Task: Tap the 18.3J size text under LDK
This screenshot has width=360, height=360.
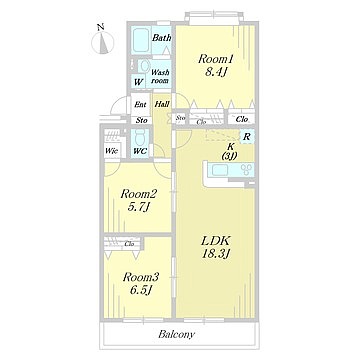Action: (x=217, y=254)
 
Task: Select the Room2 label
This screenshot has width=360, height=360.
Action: (x=139, y=193)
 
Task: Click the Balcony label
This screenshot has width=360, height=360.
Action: (x=176, y=334)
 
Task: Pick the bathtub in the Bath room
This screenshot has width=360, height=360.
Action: (x=141, y=41)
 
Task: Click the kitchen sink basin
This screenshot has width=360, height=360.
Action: (x=220, y=170)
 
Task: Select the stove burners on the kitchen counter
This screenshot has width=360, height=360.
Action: (x=247, y=170)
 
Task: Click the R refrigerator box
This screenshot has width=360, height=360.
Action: (x=247, y=137)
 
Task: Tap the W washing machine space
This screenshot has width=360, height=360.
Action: (x=138, y=82)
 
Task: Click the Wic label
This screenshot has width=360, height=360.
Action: (x=111, y=150)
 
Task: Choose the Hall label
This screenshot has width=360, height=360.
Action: (x=162, y=104)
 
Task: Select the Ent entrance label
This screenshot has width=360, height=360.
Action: (x=140, y=104)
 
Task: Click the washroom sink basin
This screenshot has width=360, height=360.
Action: (x=144, y=66)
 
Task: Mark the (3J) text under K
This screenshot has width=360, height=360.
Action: (x=229, y=155)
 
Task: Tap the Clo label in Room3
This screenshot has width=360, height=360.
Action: (x=129, y=244)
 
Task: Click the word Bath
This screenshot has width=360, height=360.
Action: (x=162, y=38)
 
